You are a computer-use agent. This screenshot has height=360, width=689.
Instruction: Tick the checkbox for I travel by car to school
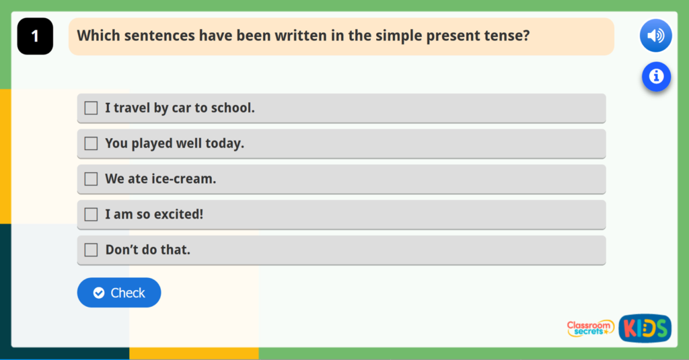pos(91,108)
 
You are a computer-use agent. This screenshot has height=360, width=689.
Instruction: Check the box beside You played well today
pos(91,143)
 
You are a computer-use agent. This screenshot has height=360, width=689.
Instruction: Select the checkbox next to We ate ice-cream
pos(91,179)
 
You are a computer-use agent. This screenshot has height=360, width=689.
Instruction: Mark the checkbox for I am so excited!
pos(91,215)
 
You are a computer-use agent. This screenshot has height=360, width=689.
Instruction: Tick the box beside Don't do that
pos(91,250)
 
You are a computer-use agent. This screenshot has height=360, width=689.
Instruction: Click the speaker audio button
pos(655,36)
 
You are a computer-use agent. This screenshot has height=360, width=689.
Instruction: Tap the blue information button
pos(655,77)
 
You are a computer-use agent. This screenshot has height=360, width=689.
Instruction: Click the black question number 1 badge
pos(35,36)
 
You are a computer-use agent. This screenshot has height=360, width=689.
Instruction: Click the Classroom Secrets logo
pos(590,328)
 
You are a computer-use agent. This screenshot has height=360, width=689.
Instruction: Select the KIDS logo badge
pos(645,328)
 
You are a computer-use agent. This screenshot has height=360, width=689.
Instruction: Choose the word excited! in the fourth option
pos(178,215)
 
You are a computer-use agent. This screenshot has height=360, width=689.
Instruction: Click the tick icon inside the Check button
pos(99,293)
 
